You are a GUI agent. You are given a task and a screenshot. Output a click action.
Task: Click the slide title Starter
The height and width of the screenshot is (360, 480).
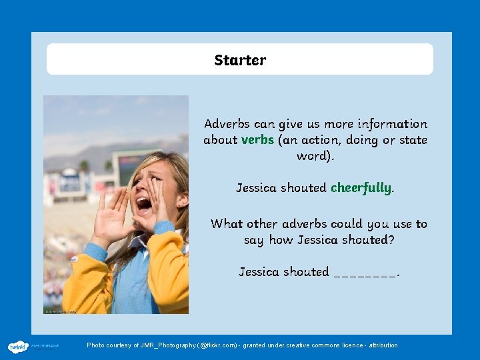pyautogui.click(x=240, y=60)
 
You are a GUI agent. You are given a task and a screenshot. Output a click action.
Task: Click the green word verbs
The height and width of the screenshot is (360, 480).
pyautogui.click(x=257, y=140)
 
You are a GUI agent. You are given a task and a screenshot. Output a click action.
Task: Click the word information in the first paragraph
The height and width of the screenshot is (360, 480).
pyautogui.click(x=392, y=124)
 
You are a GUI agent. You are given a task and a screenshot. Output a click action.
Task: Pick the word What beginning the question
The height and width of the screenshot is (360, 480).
pyautogui.click(x=227, y=224)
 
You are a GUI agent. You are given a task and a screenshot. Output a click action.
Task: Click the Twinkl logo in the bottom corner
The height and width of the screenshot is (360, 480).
pyautogui.click(x=17, y=347)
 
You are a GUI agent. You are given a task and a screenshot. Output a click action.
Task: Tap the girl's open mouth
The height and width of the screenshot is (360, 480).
pyautogui.click(x=143, y=203)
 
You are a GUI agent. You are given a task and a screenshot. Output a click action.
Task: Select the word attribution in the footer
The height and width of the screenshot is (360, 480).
pyautogui.click(x=382, y=345)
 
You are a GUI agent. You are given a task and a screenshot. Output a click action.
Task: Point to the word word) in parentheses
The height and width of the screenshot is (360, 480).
pyautogui.click(x=316, y=156)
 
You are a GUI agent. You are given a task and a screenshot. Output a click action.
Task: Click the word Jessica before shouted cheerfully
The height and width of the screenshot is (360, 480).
pyautogui.click(x=257, y=188)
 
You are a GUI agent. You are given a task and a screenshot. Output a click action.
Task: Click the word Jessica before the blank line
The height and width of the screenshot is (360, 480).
pyautogui.click(x=259, y=272)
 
